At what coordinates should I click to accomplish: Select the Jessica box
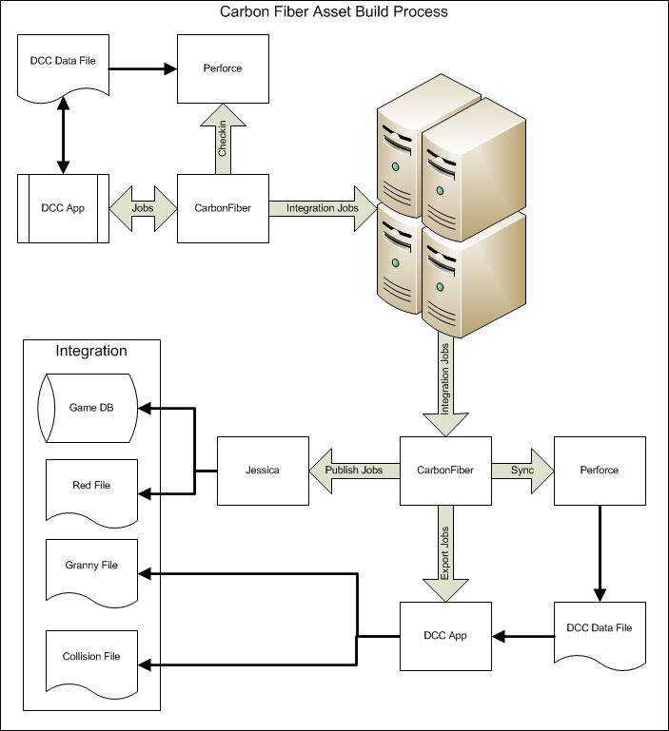(263, 471)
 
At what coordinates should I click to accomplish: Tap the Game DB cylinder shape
(91, 409)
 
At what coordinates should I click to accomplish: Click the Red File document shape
(91, 487)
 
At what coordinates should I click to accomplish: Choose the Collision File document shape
(91, 657)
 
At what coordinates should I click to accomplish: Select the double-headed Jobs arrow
(144, 207)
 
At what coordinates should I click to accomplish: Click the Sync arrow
(521, 471)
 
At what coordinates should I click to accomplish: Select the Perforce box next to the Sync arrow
(599, 471)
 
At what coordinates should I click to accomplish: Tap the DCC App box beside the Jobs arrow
(64, 208)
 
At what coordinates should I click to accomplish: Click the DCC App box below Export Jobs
(444, 634)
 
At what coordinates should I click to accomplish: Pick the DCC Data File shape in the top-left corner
(64, 65)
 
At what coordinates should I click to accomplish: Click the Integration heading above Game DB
(91, 351)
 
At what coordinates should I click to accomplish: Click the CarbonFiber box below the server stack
(444, 471)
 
